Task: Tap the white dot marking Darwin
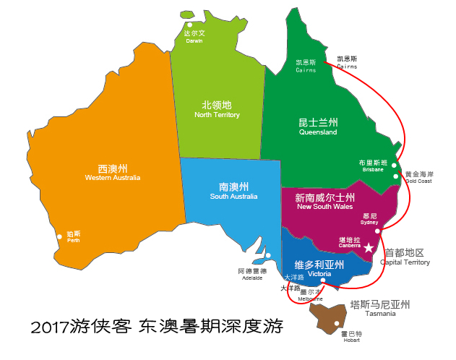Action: tap(190, 25)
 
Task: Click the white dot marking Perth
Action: tap(59, 234)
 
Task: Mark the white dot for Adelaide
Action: tap(267, 255)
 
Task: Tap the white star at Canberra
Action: tap(369, 248)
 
